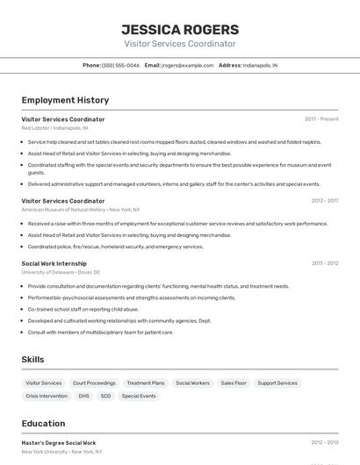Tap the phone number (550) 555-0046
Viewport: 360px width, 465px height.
click(x=120, y=65)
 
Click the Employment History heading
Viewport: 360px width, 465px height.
click(x=65, y=100)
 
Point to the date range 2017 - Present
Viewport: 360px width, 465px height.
click(x=321, y=119)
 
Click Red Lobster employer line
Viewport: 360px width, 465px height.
click(x=54, y=128)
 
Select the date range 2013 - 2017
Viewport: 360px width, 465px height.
click(x=324, y=201)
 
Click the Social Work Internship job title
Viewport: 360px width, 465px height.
click(x=54, y=263)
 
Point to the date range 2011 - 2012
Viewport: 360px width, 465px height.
click(x=324, y=263)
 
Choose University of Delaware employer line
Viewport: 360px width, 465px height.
click(x=61, y=272)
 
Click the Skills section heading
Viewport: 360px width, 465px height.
click(x=33, y=360)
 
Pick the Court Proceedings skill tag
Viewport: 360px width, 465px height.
click(x=94, y=383)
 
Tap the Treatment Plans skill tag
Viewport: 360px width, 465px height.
click(x=146, y=383)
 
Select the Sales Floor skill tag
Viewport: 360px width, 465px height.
click(x=234, y=383)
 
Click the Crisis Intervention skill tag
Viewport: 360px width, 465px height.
click(x=47, y=396)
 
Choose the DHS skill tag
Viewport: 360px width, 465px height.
click(x=84, y=396)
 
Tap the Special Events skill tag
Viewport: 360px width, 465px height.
click(x=139, y=396)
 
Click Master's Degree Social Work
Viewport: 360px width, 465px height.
click(x=59, y=443)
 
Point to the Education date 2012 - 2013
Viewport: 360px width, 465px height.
click(x=324, y=443)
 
